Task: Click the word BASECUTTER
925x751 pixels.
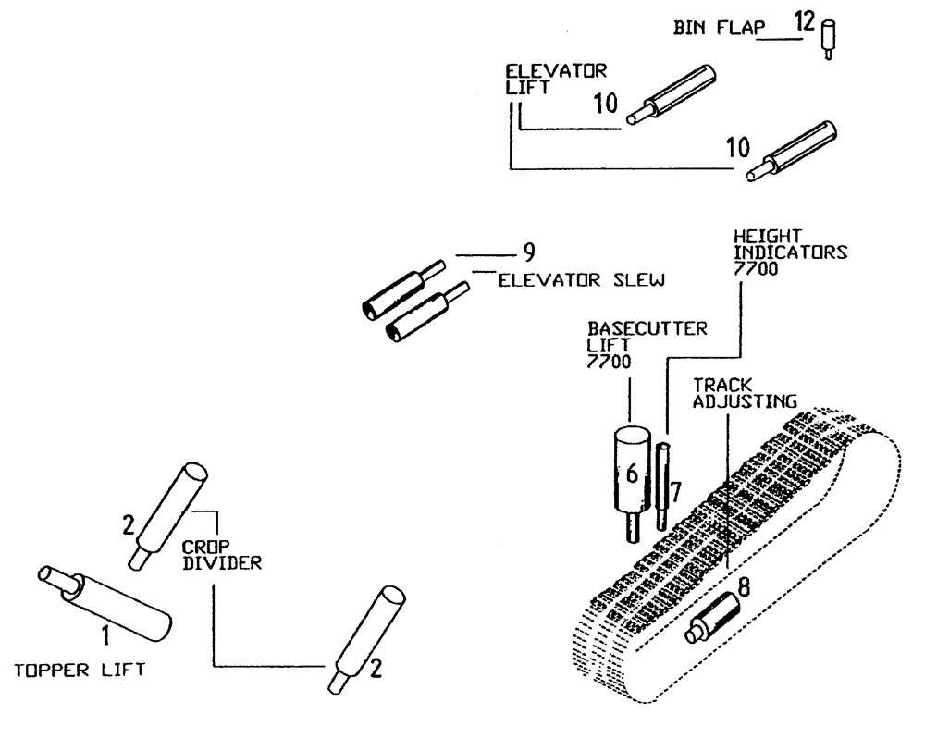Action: click(x=634, y=327)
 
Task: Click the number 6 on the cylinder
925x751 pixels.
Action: click(x=632, y=473)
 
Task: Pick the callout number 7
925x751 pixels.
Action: click(x=677, y=492)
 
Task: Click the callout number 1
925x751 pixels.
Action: click(x=104, y=634)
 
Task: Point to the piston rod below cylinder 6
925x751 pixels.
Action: click(x=631, y=528)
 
